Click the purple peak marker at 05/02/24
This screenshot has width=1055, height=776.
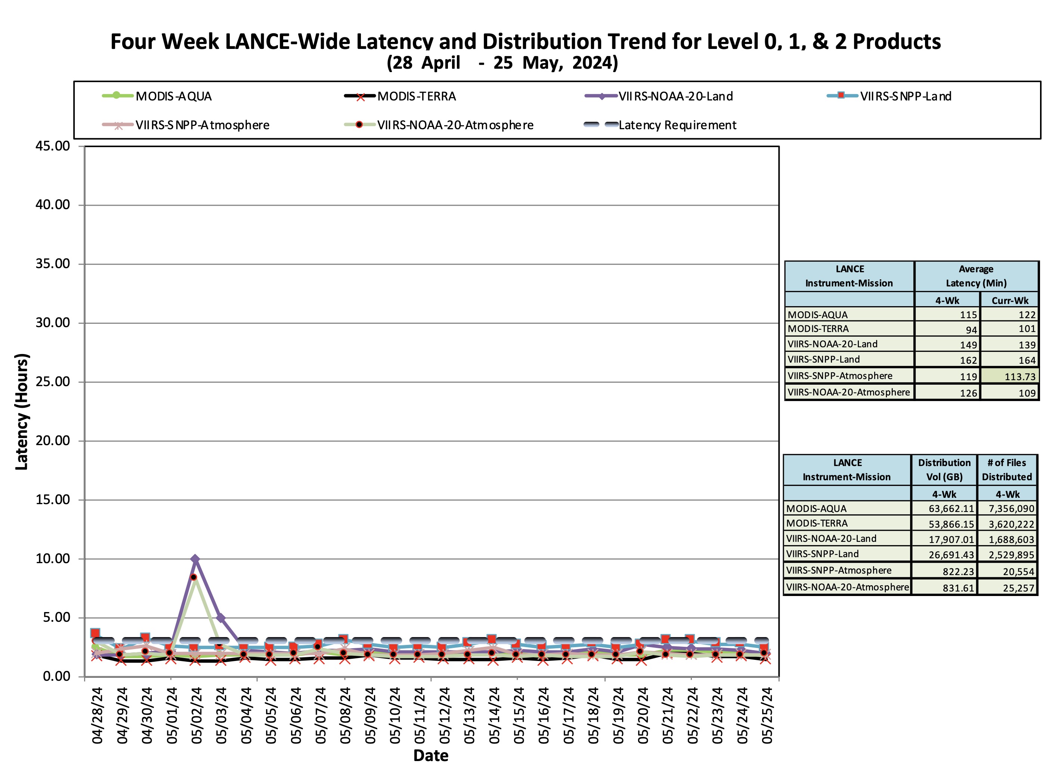195,559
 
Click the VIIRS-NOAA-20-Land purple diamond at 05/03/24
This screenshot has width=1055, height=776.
220,618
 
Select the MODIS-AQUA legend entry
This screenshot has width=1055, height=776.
157,96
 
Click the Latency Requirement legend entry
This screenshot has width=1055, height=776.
660,125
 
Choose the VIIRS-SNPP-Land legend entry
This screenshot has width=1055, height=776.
889,96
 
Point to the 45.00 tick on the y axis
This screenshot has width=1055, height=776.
53,146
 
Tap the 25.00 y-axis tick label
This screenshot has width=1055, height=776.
53,382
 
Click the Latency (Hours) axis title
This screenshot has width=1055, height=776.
22,412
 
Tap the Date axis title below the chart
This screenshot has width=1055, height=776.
431,756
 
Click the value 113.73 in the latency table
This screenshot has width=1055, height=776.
1020,377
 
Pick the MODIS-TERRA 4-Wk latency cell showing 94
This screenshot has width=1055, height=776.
971,330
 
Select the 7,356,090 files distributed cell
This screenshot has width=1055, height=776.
1011,509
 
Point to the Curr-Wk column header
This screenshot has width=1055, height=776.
1010,300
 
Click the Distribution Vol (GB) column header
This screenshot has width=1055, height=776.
944,470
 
